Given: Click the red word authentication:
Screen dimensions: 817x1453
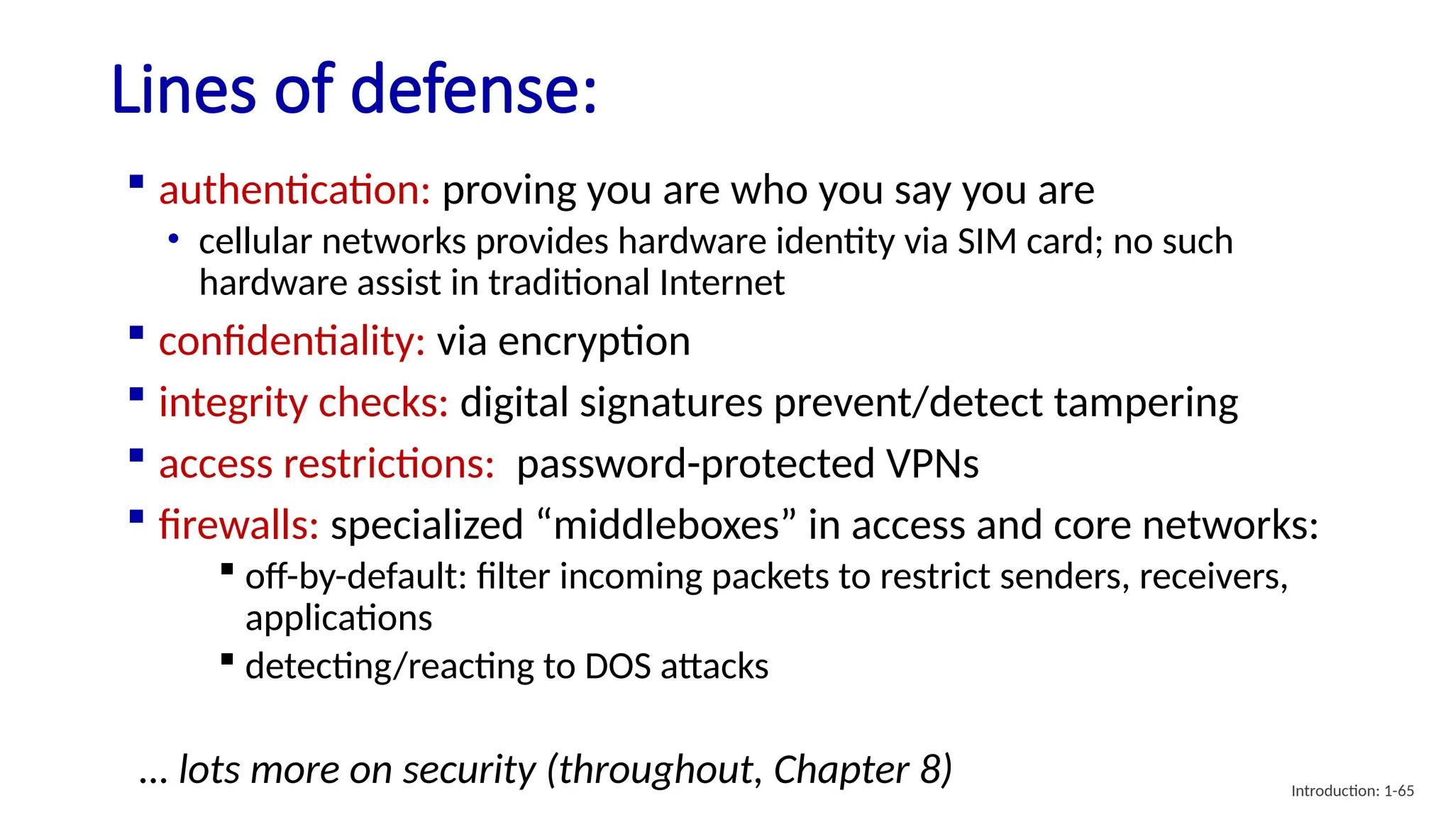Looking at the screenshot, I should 294,191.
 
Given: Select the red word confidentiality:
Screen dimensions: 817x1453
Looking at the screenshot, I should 292,342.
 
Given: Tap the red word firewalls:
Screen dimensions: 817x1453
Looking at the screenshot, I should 238,526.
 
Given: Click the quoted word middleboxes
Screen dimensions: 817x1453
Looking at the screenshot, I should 666,526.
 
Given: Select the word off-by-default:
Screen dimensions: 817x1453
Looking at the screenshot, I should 355,576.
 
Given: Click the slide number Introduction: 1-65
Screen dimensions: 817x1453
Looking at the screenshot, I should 1352,791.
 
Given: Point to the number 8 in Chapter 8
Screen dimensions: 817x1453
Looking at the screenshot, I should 930,769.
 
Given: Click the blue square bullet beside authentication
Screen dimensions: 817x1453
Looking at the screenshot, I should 137,182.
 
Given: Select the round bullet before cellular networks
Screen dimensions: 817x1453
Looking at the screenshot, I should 173,239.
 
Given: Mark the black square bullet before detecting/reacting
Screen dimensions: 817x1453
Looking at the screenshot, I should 227,660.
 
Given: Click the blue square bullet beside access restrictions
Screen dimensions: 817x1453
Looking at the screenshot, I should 137,455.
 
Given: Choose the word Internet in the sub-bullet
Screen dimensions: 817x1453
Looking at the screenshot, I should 722,283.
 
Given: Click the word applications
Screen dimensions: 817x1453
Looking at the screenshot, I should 338,618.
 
